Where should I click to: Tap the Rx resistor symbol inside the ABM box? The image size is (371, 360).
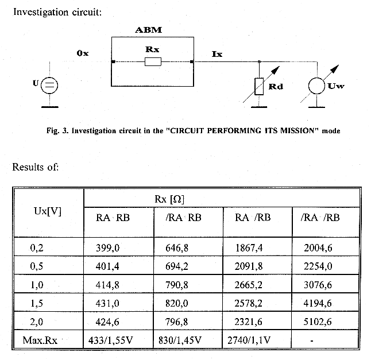153,62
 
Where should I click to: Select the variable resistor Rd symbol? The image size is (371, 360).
259,86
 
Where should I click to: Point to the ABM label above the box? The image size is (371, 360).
149,30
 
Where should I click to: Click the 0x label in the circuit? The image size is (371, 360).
83,53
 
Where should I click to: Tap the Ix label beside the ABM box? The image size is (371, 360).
217,54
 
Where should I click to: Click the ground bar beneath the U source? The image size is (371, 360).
50,107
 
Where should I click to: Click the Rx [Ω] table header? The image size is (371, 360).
169,199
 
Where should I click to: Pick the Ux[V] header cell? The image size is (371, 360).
48,211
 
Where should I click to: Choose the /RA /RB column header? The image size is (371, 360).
320,218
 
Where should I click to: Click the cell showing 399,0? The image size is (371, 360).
107,248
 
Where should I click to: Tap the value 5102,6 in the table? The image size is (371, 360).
318,322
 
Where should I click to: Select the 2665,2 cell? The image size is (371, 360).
249,285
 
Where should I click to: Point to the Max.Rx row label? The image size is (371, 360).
40,340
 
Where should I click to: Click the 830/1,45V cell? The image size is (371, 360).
180,340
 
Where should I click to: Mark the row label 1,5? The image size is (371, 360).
37,303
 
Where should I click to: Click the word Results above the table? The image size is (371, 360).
28,167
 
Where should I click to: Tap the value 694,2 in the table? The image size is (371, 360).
177,266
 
